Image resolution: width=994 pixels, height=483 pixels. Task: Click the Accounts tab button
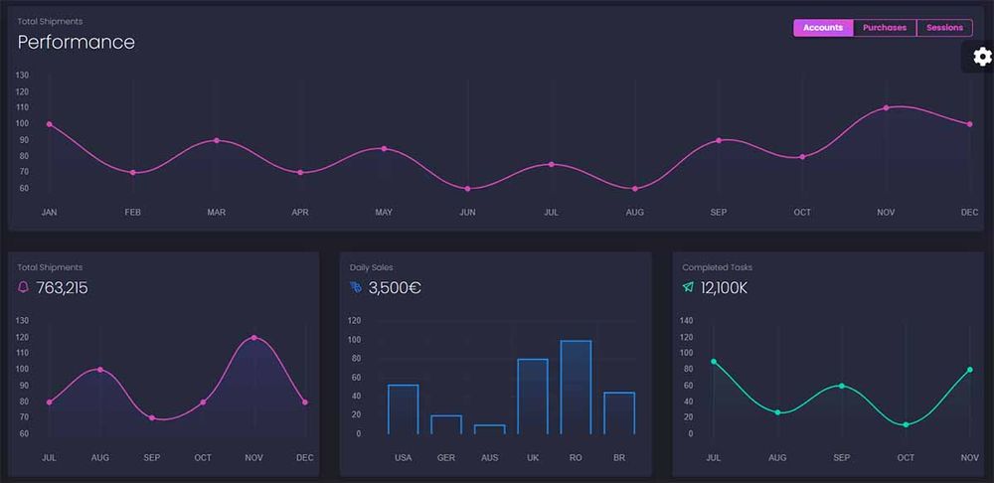click(x=823, y=28)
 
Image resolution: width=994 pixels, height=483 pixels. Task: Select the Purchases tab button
click(x=885, y=28)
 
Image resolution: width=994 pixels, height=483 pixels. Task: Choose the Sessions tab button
click(x=944, y=28)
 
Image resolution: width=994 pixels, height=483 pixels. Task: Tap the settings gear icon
click(x=982, y=57)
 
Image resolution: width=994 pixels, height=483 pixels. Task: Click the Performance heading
click(x=77, y=42)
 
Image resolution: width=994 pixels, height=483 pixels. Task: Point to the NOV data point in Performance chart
click(x=886, y=107)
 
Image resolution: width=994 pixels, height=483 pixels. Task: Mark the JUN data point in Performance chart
click(x=467, y=189)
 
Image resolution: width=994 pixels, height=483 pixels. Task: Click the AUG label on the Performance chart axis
click(x=634, y=213)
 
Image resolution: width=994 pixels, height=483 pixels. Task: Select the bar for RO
click(x=576, y=387)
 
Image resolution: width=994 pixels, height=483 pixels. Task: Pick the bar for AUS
click(x=490, y=429)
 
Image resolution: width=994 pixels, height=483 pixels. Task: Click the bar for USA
click(x=403, y=408)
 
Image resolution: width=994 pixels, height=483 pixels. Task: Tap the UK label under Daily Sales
click(x=533, y=458)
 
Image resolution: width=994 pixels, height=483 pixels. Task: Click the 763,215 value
click(x=62, y=288)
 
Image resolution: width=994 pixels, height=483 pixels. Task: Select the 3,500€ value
click(x=395, y=288)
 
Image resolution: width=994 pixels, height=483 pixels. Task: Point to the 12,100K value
click(x=724, y=288)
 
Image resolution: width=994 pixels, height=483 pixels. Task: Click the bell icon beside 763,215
click(x=24, y=287)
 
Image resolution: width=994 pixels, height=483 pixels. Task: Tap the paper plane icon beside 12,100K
click(x=688, y=287)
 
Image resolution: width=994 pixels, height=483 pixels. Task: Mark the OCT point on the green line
click(x=906, y=424)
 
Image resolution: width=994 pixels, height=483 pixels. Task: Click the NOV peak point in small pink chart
click(x=253, y=338)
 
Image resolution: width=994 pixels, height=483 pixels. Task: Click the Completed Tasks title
click(x=717, y=267)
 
